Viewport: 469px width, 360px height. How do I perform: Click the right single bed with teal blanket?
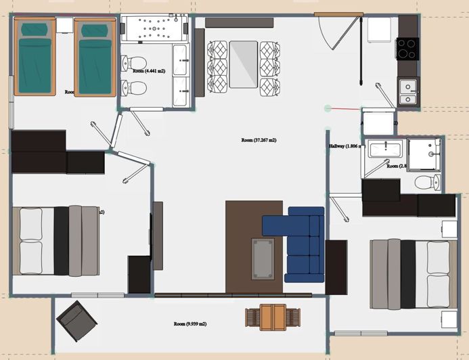[x=92, y=58]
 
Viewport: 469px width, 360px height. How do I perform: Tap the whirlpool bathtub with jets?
[x=156, y=30]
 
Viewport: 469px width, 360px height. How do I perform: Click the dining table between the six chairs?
[x=243, y=64]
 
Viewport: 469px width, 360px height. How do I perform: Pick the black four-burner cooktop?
[x=407, y=47]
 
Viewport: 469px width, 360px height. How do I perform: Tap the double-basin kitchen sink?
[x=407, y=91]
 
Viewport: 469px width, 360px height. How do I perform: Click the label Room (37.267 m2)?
[x=259, y=141]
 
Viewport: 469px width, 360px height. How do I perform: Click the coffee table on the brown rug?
[x=263, y=258]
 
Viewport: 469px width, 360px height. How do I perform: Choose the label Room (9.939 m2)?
[x=190, y=323]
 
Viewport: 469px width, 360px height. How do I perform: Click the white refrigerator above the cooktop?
[x=379, y=31]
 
